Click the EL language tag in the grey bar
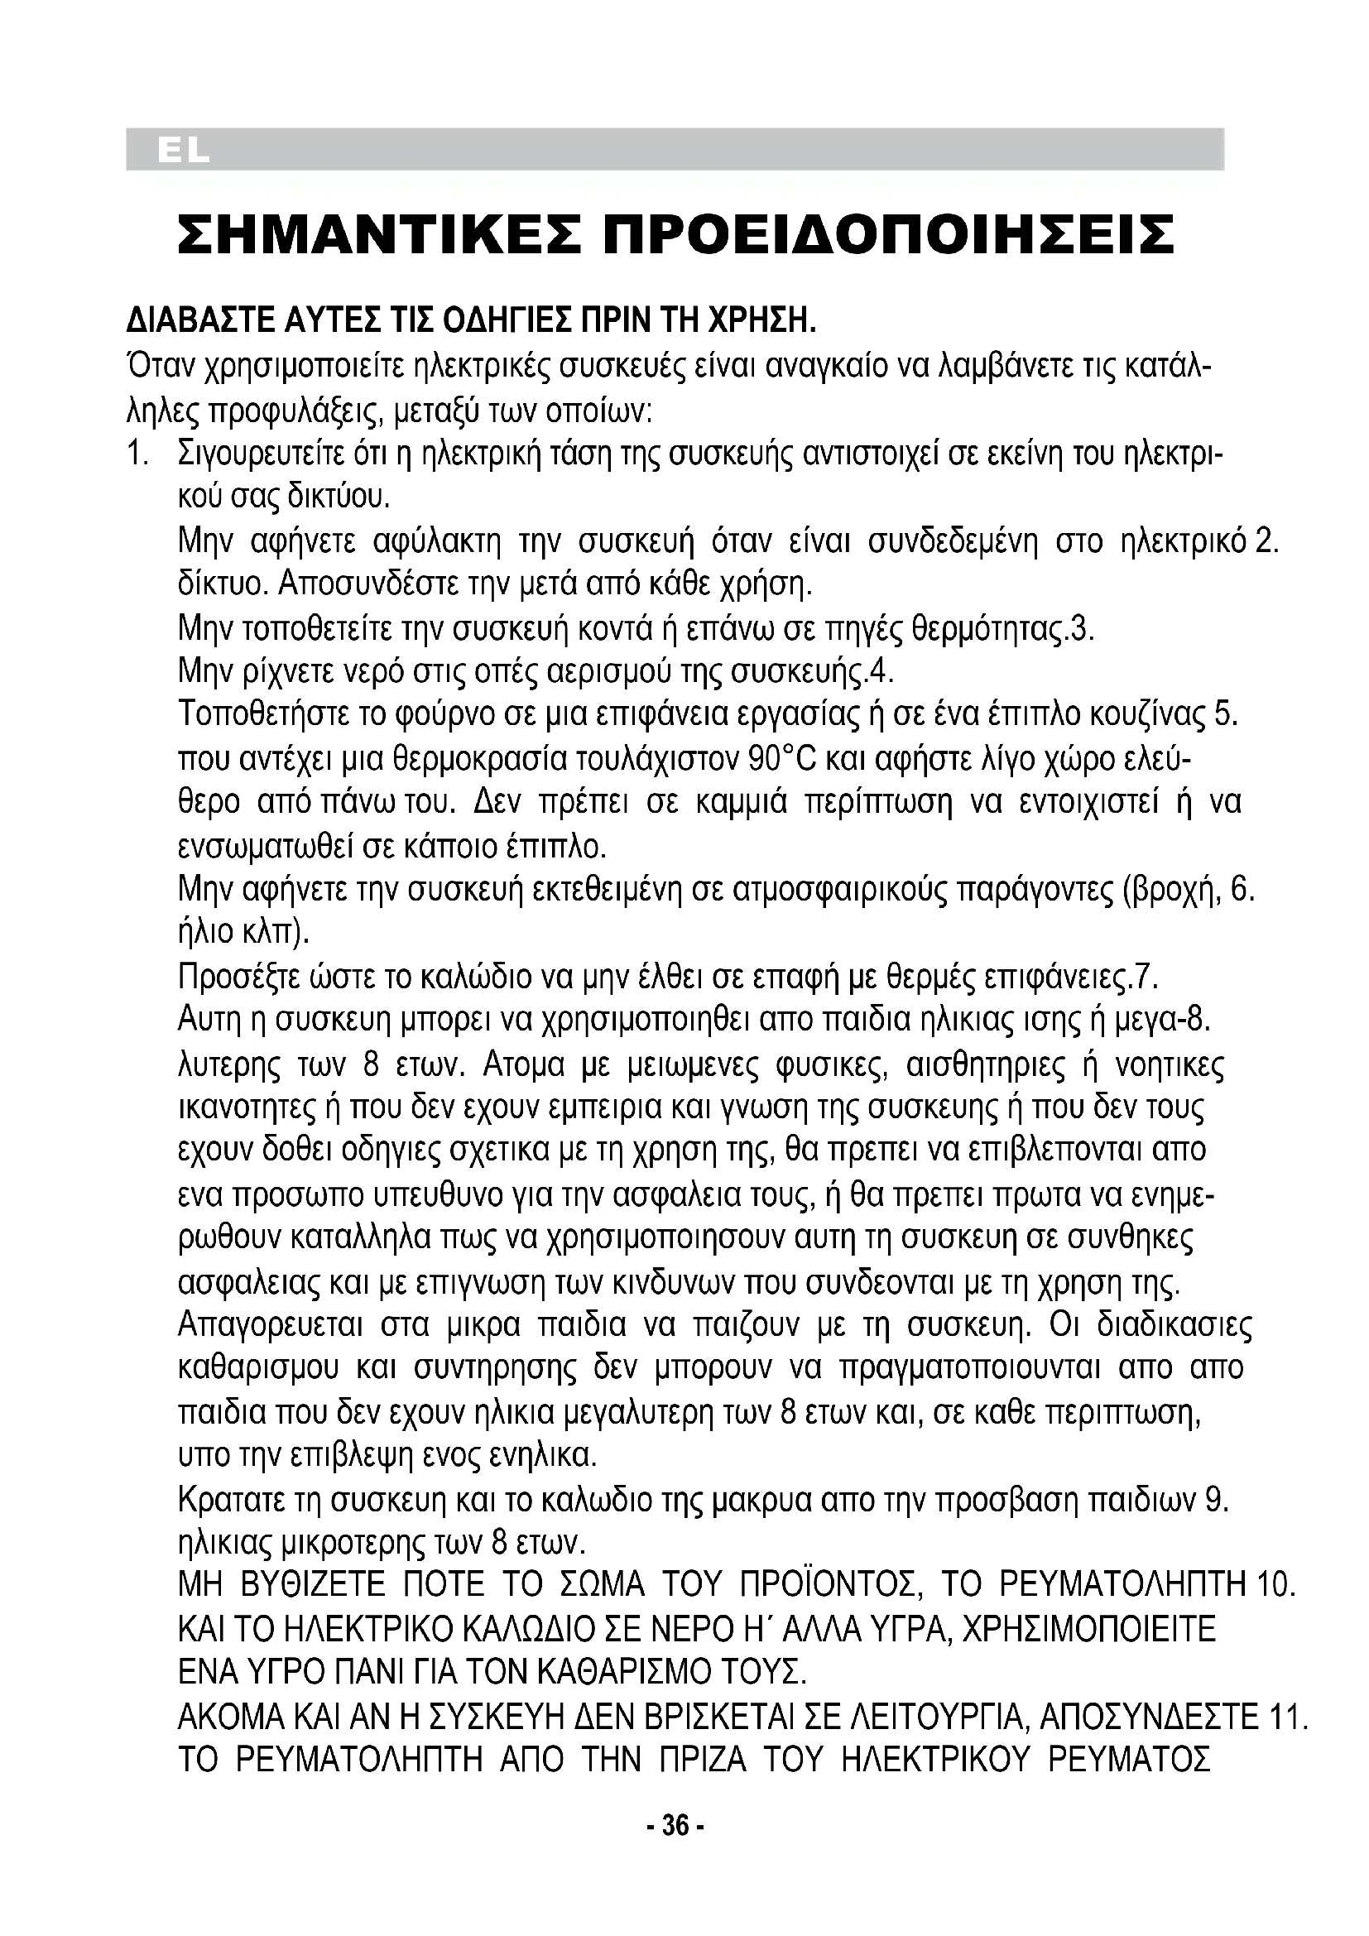(x=182, y=151)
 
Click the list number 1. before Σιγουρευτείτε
(x=139, y=454)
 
